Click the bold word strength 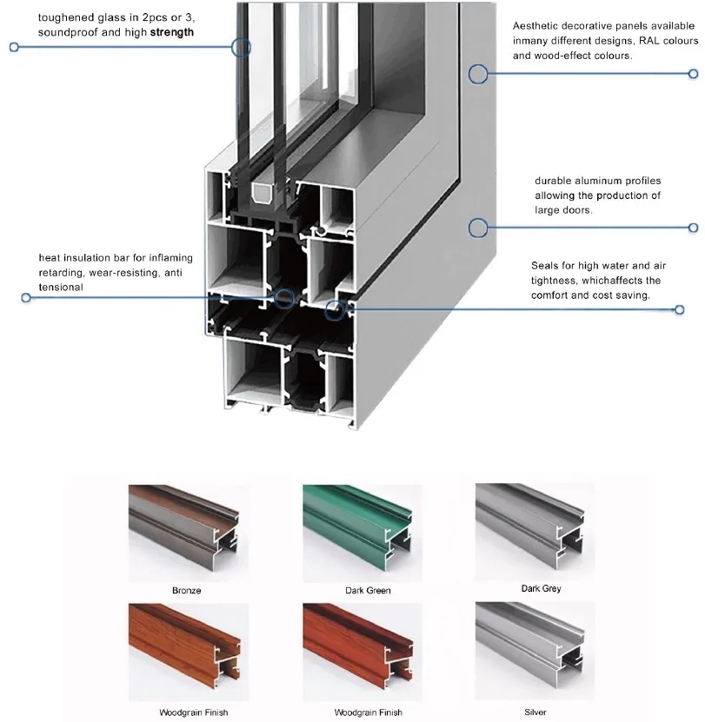pos(171,32)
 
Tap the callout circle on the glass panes pos(241,47)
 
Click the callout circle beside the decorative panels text pos(477,74)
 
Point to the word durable pos(553,181)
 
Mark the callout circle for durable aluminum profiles pos(476,228)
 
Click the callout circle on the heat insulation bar pos(284,297)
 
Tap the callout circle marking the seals pos(333,309)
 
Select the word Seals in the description pos(545,266)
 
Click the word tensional pos(60,287)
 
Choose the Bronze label pos(186,591)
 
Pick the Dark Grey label pos(541,589)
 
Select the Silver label pos(535,712)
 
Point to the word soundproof pos(66,32)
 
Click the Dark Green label pos(368,591)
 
